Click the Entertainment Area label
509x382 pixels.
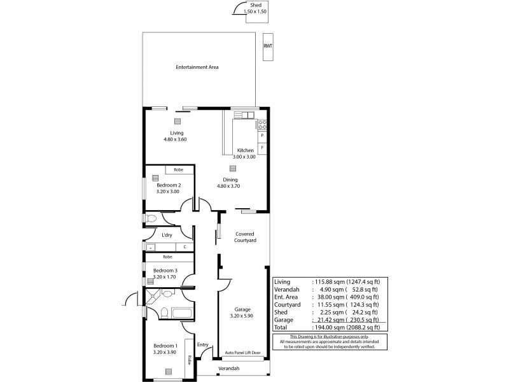tap(197, 66)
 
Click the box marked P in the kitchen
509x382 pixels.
tap(262, 136)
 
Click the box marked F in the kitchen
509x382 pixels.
tap(262, 148)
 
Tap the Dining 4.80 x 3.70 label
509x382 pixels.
tap(230, 183)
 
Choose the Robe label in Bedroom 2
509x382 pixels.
tap(179, 171)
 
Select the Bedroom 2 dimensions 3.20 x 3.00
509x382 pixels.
tap(168, 191)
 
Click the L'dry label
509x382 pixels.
tap(167, 235)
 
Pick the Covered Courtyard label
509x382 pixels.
tap(245, 237)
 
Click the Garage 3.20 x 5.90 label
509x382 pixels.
tap(242, 311)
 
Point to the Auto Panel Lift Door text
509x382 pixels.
tap(242, 353)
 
